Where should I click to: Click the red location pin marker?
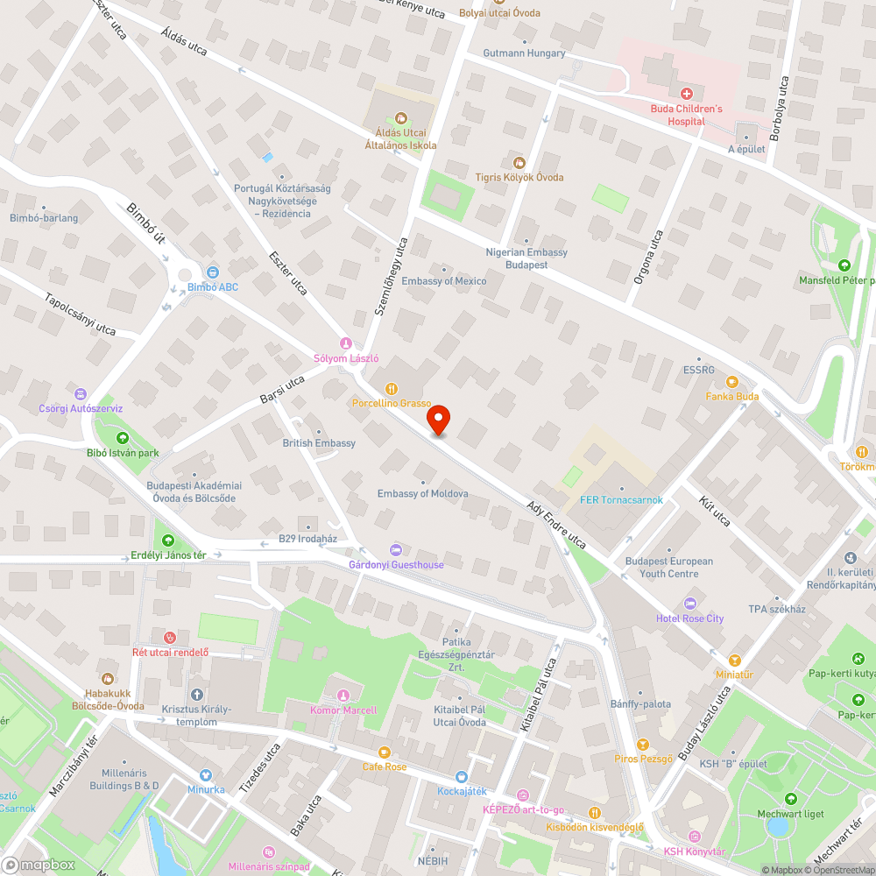pos(438,420)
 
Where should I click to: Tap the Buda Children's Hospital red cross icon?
pos(686,93)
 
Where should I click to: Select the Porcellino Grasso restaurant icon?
pos(392,388)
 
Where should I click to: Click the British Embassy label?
pos(319,443)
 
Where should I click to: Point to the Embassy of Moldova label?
pos(422,494)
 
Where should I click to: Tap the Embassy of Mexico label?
pos(443,281)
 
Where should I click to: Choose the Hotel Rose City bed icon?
pos(690,604)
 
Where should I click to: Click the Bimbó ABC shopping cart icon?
pos(213,272)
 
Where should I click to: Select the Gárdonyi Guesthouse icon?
pos(396,549)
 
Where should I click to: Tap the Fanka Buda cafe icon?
pos(732,382)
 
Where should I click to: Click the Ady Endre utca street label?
pos(556,525)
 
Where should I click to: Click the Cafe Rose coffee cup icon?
pos(384,752)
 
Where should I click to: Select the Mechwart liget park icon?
pos(791,799)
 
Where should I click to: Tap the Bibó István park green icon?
pos(123,438)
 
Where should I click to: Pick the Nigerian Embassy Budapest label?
pos(526,258)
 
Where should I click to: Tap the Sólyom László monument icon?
pos(346,343)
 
